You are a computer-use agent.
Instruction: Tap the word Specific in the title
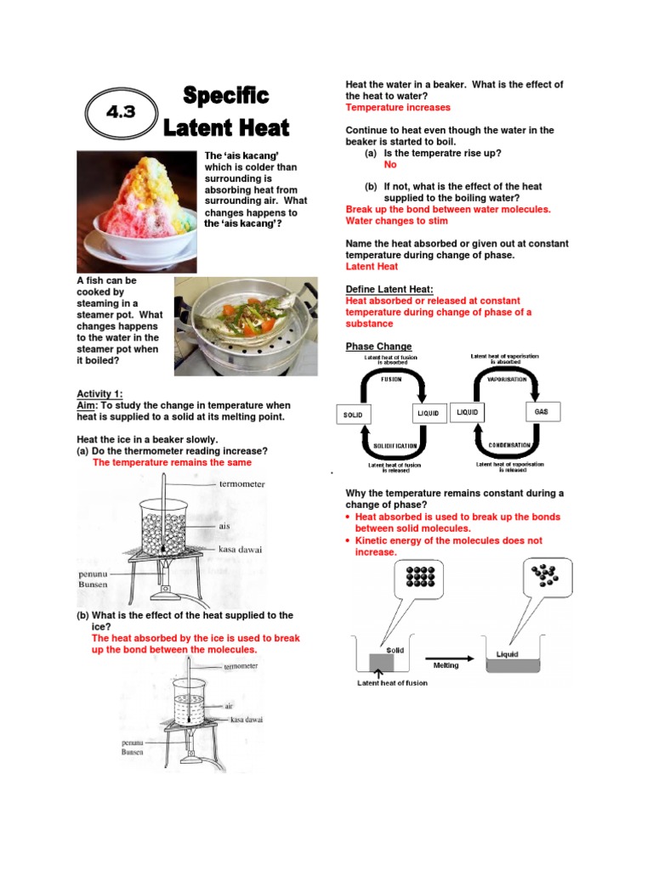[226, 95]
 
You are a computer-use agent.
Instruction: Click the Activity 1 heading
[99, 394]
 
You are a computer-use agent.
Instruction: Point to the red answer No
[390, 165]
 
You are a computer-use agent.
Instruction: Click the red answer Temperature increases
[397, 108]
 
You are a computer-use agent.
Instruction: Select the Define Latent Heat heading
[389, 290]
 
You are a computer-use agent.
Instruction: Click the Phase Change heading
[378, 347]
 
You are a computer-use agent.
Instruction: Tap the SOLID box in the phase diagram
[353, 415]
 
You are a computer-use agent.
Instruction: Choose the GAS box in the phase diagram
[542, 412]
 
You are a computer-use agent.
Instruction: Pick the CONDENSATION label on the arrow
[508, 445]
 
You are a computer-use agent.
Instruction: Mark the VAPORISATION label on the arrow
[508, 379]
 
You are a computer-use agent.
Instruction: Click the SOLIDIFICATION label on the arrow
[395, 445]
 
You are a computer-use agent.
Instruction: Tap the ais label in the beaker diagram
[224, 526]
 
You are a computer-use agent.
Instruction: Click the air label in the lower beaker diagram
[230, 706]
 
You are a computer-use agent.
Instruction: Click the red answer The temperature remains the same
[171, 463]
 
